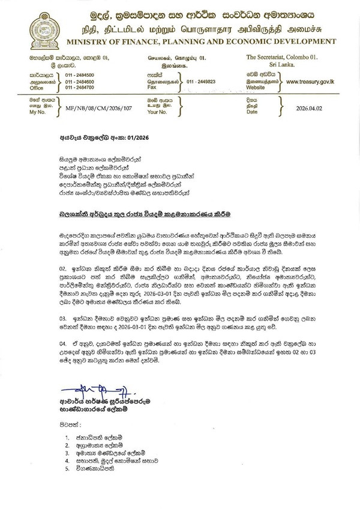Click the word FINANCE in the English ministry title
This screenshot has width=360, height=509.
[x=131, y=41]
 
